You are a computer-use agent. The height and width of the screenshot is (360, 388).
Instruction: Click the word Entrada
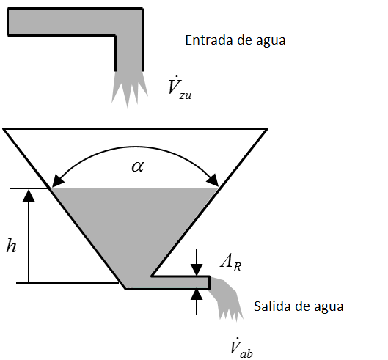[209, 40]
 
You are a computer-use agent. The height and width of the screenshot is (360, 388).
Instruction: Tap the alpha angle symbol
[138, 166]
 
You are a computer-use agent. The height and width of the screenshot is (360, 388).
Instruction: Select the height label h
[11, 245]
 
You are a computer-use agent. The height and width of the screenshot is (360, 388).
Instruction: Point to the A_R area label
[231, 262]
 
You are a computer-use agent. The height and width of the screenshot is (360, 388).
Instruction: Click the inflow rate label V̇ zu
[180, 87]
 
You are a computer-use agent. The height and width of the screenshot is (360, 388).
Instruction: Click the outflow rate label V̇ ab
[241, 348]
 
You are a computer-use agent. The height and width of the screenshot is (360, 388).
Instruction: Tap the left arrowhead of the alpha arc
[57, 180]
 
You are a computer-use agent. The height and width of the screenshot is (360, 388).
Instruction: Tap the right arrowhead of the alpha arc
[213, 180]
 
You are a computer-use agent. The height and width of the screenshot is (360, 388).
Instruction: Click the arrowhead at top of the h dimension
[29, 196]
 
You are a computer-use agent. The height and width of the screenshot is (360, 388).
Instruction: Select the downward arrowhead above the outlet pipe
[197, 270]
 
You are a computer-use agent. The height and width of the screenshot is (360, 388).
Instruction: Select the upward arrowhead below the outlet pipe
[197, 295]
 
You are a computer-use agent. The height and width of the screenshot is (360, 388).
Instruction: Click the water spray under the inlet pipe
[128, 88]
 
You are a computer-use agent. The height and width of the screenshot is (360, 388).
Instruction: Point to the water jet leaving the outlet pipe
[227, 299]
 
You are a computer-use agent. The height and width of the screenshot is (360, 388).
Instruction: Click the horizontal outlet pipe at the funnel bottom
[180, 282]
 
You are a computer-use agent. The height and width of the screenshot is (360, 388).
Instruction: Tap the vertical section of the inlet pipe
[129, 54]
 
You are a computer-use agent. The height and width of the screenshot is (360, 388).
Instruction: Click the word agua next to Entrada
[271, 41]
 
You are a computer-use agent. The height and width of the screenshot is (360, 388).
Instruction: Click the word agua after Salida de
[329, 306]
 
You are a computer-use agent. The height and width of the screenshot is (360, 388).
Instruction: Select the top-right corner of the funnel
[268, 128]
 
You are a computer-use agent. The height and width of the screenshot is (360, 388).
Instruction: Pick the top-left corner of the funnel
[3, 128]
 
